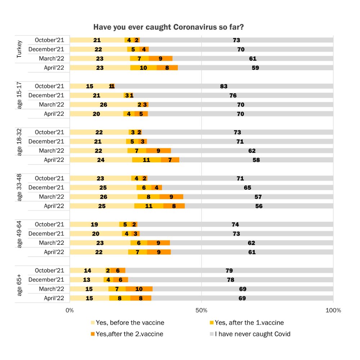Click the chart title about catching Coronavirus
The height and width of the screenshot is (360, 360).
tap(169, 27)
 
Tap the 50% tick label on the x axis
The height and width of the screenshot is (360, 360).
tap(201, 310)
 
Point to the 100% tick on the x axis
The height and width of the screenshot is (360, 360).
tap(333, 310)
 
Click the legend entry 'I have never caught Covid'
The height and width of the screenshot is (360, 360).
tap(252, 334)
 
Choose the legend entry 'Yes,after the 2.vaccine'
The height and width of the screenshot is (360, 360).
tap(129, 334)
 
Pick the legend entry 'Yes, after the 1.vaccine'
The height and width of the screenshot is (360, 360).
tap(249, 323)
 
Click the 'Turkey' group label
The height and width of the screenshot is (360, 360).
tap(19, 49)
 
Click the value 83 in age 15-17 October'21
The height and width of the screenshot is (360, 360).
tap(224, 86)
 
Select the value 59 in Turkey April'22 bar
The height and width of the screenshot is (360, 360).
tap(255, 68)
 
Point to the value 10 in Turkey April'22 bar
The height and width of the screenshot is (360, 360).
tap(143, 68)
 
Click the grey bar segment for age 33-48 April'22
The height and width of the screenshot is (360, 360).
tap(259, 206)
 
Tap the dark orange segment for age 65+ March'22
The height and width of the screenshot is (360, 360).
tap(139, 289)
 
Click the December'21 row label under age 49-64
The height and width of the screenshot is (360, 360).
tap(46, 234)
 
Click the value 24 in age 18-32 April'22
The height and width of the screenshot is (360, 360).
tap(101, 160)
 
